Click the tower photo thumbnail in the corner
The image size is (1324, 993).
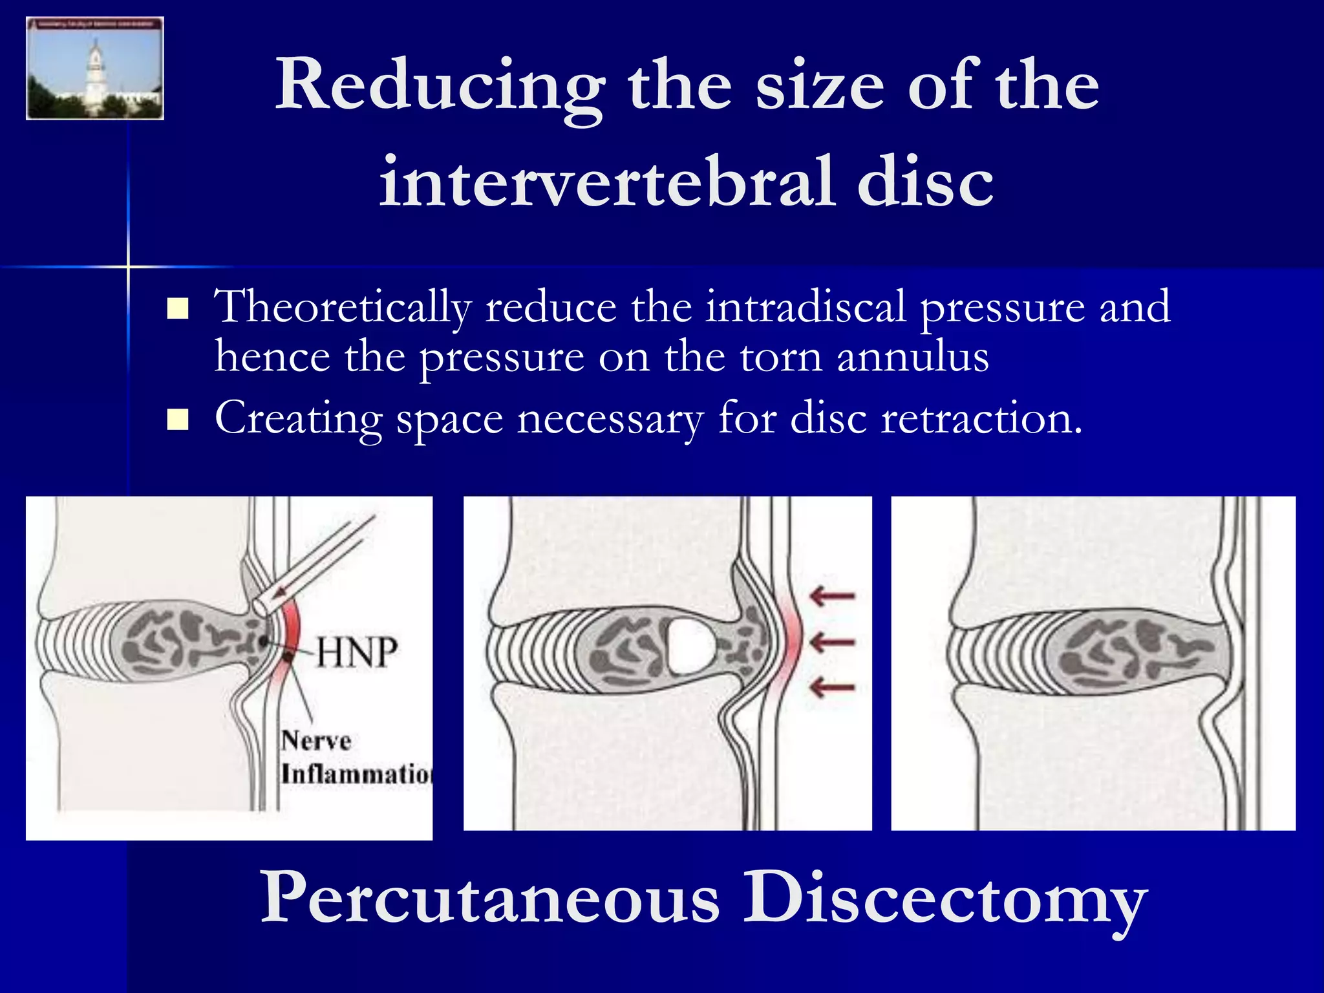click(x=94, y=69)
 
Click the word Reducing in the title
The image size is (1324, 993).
click(x=440, y=87)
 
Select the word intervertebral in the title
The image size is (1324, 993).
click(x=608, y=182)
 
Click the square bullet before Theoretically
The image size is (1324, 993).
click(x=177, y=309)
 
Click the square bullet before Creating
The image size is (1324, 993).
click(x=177, y=420)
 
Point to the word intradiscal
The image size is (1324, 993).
click(x=805, y=306)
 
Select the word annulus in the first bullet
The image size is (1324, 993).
click(x=912, y=357)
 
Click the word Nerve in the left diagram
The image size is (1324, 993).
click(x=316, y=740)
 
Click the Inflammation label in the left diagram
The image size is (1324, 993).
click(x=356, y=773)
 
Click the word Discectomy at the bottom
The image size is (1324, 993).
click(x=944, y=899)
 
